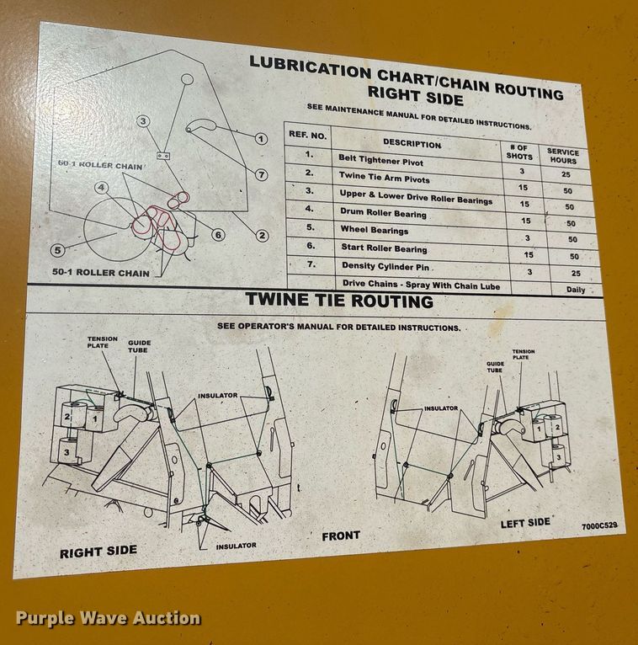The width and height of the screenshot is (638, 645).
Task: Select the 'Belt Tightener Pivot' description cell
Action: coord(380,159)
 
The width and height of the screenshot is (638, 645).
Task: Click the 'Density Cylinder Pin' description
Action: coord(384,267)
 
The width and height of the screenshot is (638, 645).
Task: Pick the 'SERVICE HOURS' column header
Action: coord(562,156)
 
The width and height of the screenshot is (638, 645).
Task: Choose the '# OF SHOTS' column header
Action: coord(519,152)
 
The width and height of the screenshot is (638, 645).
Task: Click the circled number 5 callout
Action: coord(57,249)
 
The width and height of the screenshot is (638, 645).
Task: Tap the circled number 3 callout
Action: coord(144,121)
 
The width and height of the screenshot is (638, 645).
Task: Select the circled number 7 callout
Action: coord(262,175)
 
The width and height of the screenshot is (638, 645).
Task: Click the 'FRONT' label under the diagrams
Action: coord(340,536)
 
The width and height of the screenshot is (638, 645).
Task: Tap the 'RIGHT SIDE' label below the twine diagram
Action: coord(98,552)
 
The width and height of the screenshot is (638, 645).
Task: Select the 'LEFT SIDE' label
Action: coord(524,523)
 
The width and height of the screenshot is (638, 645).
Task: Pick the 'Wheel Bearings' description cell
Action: coord(374,230)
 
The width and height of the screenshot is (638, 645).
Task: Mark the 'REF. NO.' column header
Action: coord(307,134)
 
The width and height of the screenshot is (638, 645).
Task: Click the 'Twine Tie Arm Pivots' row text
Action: coord(384,179)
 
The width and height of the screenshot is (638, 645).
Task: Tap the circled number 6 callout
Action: coord(218,235)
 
